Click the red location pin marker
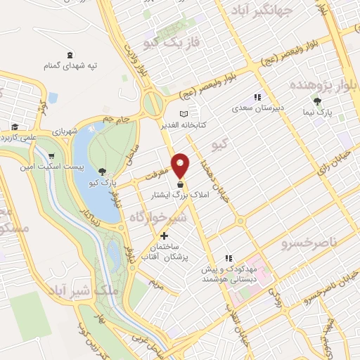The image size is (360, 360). pos(181,164)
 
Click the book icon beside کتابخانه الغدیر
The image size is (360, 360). pos(184,113)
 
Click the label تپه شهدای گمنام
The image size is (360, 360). pos(69,65)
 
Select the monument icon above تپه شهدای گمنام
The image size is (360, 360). pos(69,55)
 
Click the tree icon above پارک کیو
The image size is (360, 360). pos(103,172)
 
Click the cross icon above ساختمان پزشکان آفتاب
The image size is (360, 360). pos(165,236)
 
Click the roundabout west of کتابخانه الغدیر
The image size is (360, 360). pos(152,105)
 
